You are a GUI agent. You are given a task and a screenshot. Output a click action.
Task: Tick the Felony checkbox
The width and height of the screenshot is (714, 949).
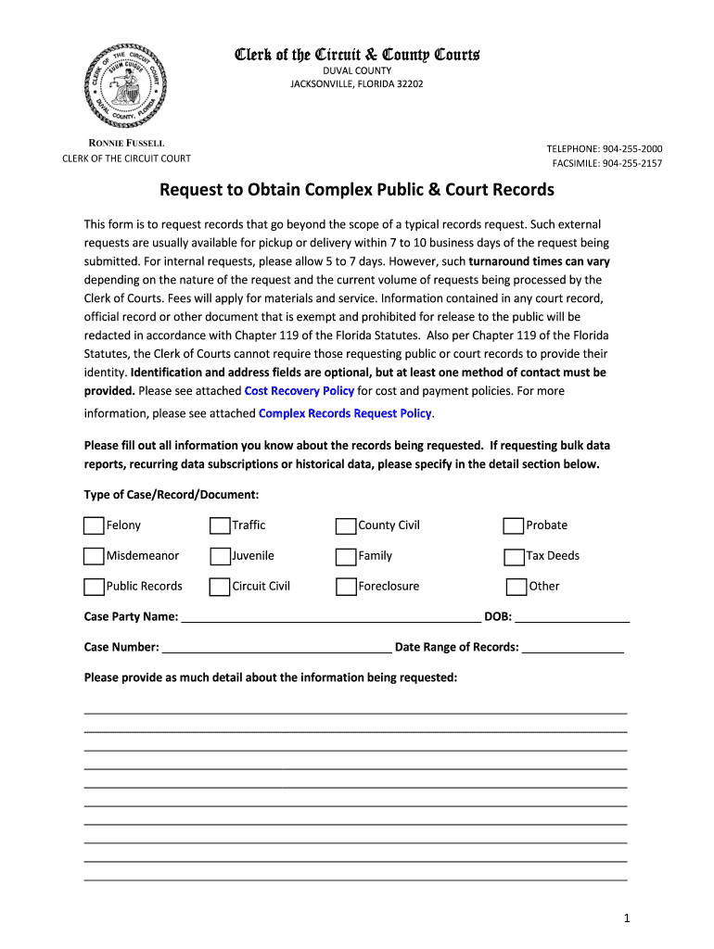(x=94, y=526)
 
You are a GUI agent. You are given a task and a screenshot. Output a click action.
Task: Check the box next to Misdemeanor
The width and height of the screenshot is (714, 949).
(x=94, y=557)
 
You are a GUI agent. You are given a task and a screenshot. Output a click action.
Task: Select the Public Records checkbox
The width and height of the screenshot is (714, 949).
(x=94, y=587)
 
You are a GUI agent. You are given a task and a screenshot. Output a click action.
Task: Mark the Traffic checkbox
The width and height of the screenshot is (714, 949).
(x=220, y=526)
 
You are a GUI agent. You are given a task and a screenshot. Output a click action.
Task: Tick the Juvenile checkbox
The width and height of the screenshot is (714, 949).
(x=220, y=557)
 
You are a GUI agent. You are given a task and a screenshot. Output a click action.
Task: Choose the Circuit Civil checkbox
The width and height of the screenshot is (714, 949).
(x=220, y=587)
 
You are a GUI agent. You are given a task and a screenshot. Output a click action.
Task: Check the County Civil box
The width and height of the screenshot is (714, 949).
(x=346, y=526)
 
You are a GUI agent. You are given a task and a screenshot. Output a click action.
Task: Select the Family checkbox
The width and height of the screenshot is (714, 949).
(x=346, y=557)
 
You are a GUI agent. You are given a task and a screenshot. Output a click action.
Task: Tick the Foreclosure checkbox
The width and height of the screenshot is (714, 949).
(x=346, y=587)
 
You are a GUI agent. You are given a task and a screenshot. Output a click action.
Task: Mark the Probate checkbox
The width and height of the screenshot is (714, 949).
(x=514, y=526)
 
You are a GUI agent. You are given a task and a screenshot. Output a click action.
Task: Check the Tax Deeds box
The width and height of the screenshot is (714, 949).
(x=514, y=557)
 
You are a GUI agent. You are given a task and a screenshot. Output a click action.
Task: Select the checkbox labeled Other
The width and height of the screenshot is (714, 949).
(x=516, y=587)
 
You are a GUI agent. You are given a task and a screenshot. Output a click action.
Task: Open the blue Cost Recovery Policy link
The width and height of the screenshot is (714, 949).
(x=299, y=391)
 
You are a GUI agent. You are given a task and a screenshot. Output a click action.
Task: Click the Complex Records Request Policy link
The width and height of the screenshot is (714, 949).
(x=345, y=413)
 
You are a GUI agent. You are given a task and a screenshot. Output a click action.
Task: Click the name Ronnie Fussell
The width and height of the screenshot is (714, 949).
(x=126, y=143)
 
